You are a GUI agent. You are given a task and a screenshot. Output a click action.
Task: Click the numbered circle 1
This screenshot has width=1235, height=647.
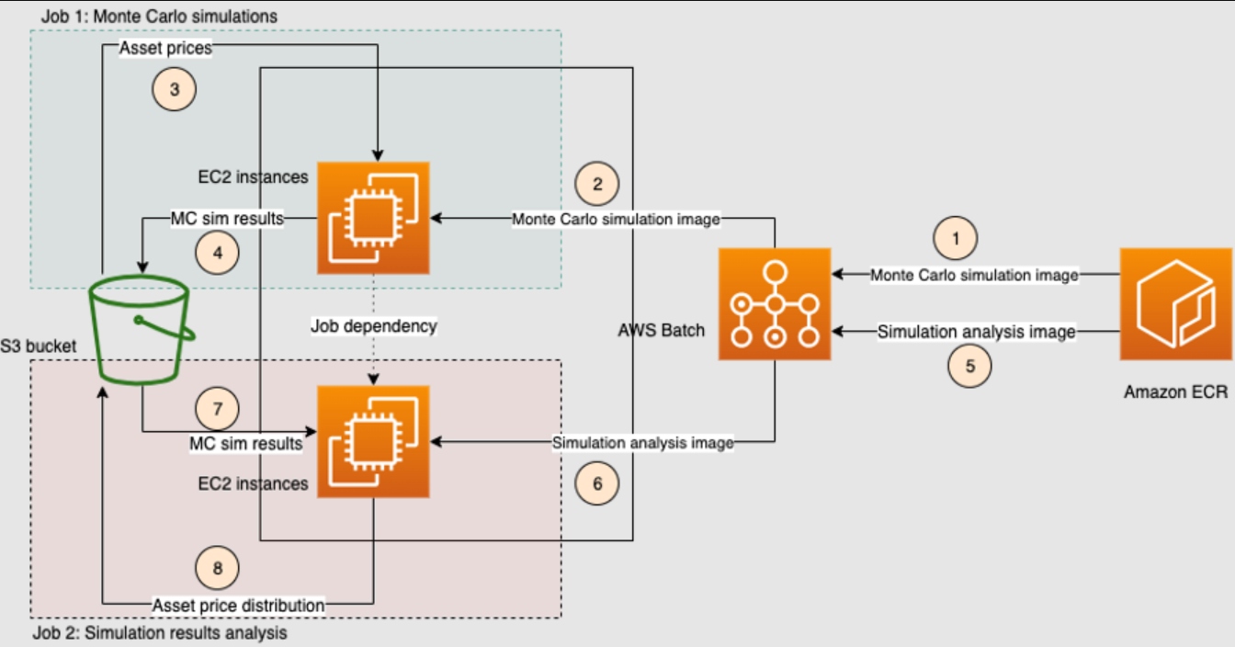click(956, 238)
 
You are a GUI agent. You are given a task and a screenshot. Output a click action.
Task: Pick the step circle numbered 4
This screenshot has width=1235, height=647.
click(218, 253)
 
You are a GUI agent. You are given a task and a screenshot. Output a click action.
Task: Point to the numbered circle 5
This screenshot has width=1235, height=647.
click(970, 365)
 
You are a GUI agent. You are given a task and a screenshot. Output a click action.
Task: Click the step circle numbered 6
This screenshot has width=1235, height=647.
click(597, 482)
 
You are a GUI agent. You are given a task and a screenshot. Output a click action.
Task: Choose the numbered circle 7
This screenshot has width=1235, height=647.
click(218, 409)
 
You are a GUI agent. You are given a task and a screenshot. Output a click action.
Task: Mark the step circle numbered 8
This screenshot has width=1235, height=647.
click(218, 568)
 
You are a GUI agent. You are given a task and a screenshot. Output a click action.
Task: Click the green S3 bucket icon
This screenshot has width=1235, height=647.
click(142, 332)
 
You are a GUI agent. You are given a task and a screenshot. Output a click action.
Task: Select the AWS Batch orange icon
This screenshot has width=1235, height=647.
click(775, 304)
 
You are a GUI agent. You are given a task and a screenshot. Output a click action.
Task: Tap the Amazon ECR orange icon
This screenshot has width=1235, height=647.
click(1174, 304)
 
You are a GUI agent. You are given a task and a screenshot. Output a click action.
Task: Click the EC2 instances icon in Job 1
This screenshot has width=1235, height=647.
click(373, 218)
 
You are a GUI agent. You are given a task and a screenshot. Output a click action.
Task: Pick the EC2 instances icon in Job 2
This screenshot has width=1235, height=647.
click(373, 442)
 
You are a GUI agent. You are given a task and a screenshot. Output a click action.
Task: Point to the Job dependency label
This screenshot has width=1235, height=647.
click(373, 326)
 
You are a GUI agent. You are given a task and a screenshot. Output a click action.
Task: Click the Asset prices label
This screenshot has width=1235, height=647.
click(166, 49)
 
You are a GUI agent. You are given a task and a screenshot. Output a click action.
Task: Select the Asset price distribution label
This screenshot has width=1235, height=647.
click(238, 605)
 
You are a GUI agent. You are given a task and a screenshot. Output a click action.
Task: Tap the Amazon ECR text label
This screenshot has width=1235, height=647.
click(1175, 392)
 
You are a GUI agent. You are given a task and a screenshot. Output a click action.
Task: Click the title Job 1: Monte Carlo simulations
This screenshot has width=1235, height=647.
click(159, 17)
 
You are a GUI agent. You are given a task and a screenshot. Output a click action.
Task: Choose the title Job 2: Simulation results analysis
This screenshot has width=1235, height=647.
click(159, 633)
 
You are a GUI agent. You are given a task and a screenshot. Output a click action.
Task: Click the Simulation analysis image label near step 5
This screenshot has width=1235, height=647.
click(976, 332)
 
